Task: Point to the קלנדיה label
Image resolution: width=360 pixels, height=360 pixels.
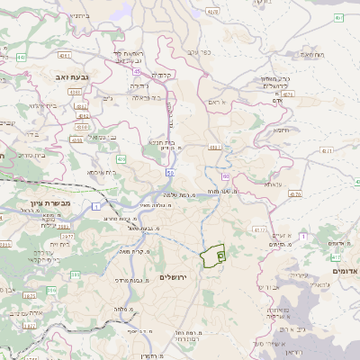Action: click(162, 75)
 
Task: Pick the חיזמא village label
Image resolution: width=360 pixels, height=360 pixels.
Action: click(281, 129)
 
